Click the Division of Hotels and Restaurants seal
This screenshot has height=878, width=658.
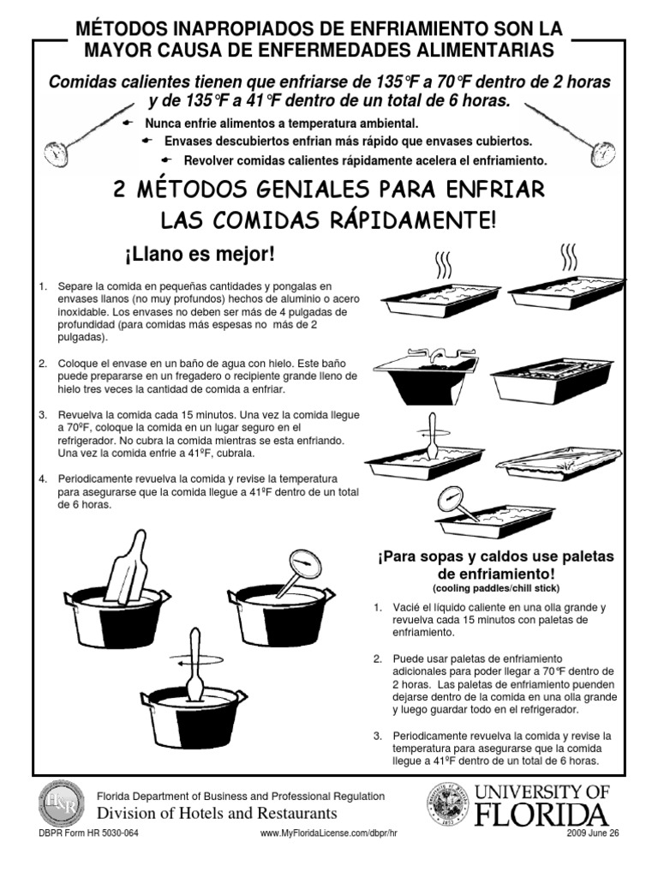pos(61,803)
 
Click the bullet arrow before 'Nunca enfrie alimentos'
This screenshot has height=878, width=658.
pos(130,123)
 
